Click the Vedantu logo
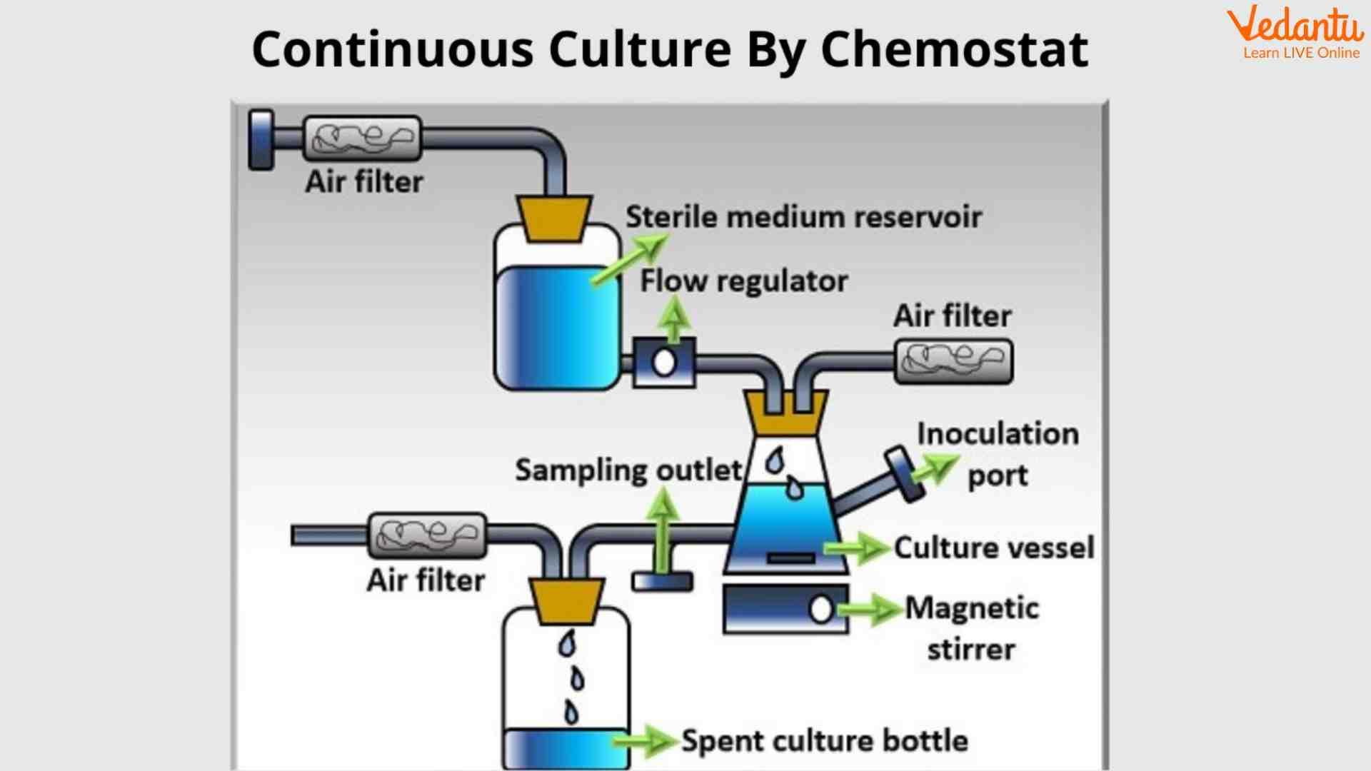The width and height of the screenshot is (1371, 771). (1295, 32)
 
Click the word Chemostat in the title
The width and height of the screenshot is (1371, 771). (954, 50)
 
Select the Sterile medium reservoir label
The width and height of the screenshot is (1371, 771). (803, 217)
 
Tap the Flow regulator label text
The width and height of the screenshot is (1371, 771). (743, 281)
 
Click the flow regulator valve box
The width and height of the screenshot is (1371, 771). (665, 363)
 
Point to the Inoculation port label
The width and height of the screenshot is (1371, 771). (998, 454)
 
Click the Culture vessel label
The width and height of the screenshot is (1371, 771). (993, 548)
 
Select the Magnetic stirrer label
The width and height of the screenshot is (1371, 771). (971, 628)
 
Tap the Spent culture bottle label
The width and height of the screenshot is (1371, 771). (824, 741)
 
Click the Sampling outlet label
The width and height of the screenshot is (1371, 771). (628, 470)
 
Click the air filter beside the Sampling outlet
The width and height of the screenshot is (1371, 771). (427, 535)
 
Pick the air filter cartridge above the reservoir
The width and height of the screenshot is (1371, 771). (363, 138)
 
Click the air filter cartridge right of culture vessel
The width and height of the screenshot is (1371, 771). (953, 361)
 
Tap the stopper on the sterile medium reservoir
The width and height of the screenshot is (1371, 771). (554, 218)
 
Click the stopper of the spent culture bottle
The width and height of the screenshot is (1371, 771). (566, 600)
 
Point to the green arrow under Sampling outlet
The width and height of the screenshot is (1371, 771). (663, 528)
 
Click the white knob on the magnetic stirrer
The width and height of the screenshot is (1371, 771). (821, 609)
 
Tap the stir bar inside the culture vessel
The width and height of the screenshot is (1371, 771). (790, 558)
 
